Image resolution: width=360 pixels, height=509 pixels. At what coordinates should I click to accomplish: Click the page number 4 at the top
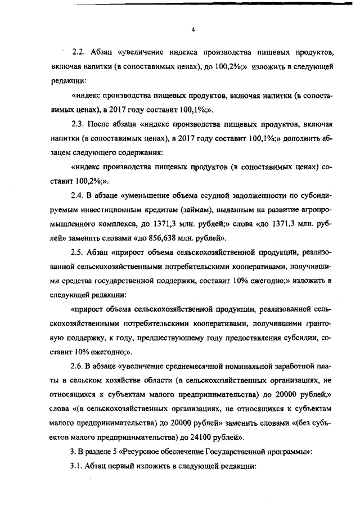[192, 30]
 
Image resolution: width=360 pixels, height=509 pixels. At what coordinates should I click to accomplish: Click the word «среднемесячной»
[197, 367]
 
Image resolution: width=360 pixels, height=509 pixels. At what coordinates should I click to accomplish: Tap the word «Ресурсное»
[130, 452]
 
